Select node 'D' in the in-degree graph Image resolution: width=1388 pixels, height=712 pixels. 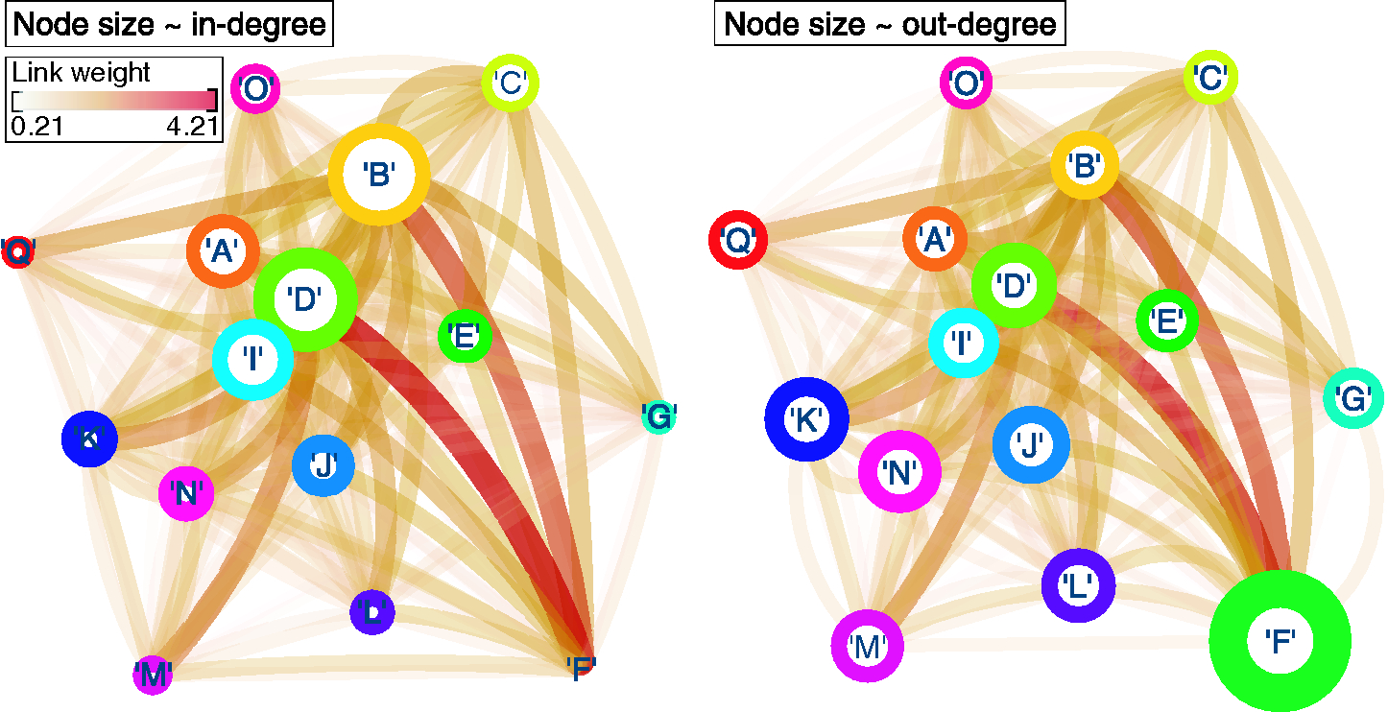[303, 299]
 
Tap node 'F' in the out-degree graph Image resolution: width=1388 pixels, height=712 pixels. [1280, 640]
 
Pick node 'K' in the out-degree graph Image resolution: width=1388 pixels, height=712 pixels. [806, 419]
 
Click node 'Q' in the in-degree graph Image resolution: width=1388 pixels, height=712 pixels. [16, 253]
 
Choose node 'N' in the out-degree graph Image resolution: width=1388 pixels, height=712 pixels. [899, 471]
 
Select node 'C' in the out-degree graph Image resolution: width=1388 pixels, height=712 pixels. [1209, 79]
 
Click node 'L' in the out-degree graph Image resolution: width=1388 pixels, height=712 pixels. [1078, 585]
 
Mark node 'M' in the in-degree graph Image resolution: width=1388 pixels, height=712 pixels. [152, 676]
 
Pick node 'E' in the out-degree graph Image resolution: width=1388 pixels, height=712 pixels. [1167, 320]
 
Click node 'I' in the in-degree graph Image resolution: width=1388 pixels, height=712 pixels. [252, 360]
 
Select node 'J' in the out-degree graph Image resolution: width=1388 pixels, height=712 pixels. [1031, 444]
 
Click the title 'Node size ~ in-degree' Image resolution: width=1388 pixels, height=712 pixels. [170, 25]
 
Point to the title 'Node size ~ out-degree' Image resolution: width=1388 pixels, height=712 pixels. [890, 25]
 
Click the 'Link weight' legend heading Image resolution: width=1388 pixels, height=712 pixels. [82, 72]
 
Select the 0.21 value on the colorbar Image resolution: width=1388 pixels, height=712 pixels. [36, 128]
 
